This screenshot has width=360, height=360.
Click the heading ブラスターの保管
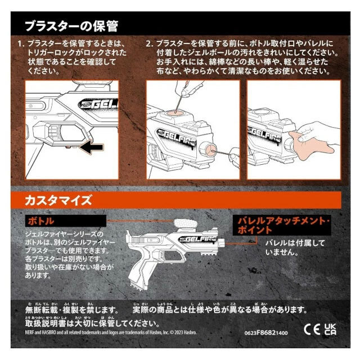(71, 26)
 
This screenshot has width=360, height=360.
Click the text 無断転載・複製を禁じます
(71, 310)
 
